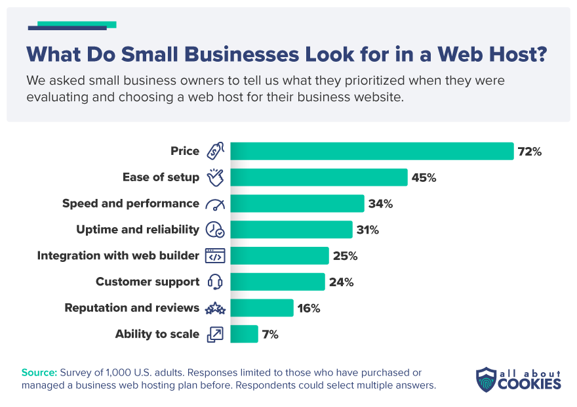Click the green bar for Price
coord(372,151)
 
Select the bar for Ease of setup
coord(319,177)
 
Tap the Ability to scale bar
coord(245,334)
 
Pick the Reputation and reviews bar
coord(262,308)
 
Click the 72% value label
coord(530,152)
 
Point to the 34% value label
coord(380,203)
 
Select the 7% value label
coord(271,334)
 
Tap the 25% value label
coord(345,256)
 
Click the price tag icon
coord(215,151)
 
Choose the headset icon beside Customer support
coord(215,282)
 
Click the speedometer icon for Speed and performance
coord(215,203)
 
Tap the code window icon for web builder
coord(215,256)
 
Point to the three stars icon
coord(215,308)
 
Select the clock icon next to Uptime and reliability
coord(215,230)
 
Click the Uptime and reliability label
coord(138,230)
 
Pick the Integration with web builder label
coord(118,256)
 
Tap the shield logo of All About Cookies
coord(485,379)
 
